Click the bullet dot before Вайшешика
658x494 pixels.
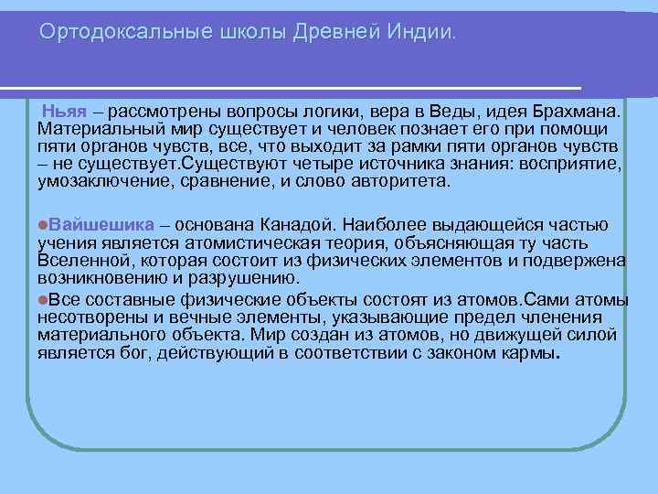pyautogui.click(x=43, y=225)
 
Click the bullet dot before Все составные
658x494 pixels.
pyautogui.click(x=43, y=300)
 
